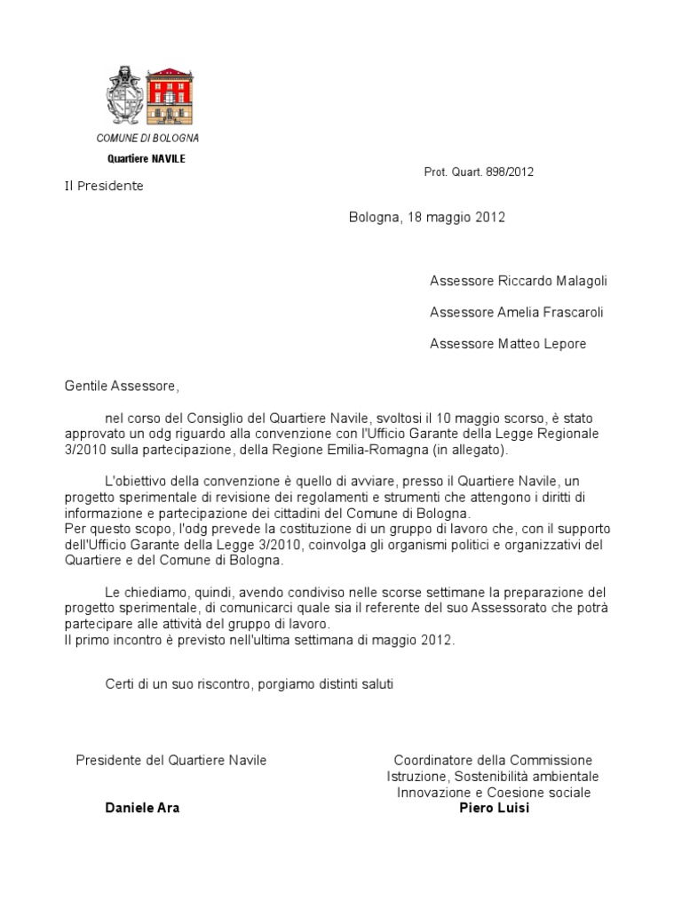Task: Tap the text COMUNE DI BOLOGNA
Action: tap(147, 139)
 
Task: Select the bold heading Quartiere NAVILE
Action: tap(147, 159)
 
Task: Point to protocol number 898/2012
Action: tap(510, 172)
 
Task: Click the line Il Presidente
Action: tap(103, 187)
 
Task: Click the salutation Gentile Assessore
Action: tap(122, 387)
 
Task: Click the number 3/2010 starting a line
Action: tap(84, 451)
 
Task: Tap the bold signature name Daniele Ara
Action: tap(142, 809)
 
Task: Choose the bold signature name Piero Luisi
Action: tap(494, 809)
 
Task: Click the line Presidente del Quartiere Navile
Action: tap(171, 761)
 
